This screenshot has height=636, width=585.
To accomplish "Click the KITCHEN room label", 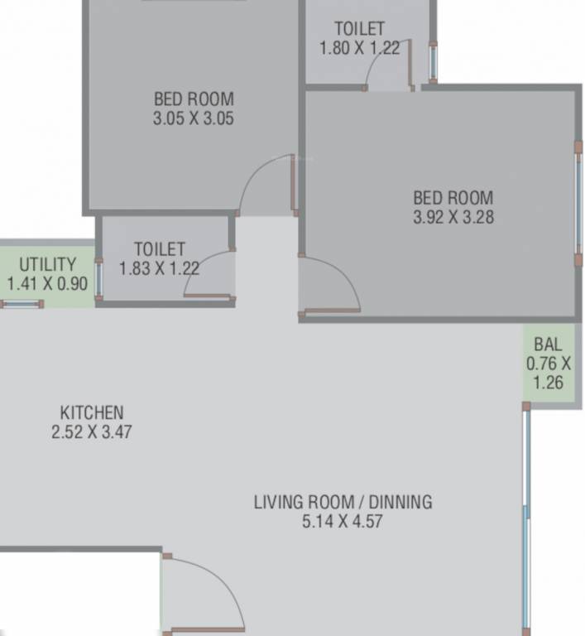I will tap(91, 412).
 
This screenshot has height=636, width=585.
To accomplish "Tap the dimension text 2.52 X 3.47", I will tap(91, 431).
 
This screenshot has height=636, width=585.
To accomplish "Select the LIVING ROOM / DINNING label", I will tap(343, 502).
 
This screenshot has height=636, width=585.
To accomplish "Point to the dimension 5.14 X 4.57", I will tap(343, 522).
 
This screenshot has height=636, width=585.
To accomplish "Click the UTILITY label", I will tap(47, 265).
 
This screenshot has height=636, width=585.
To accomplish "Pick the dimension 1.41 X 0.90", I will tap(47, 283).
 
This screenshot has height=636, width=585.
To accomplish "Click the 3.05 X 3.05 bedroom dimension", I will tap(193, 118).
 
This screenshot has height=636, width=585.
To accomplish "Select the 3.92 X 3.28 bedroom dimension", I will tap(453, 218).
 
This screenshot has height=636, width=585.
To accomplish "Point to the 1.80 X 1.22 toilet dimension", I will tap(359, 48).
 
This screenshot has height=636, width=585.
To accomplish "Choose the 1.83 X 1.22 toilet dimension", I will tap(159, 268).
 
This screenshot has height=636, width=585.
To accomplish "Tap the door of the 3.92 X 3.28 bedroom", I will tap(331, 290).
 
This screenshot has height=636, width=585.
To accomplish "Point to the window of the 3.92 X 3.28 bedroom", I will tap(578, 203).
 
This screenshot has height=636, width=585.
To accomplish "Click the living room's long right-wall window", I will tap(525, 513).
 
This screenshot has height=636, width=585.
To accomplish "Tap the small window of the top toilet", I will tap(432, 61).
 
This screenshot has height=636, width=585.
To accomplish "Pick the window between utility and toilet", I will tap(98, 280).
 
